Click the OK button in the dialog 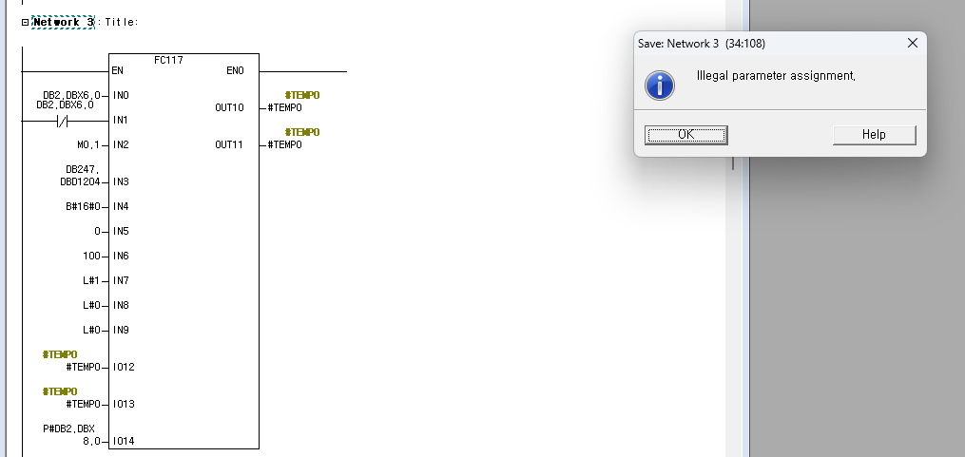(x=685, y=135)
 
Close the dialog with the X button (x=912, y=44)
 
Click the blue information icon (x=660, y=86)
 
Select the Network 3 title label (x=63, y=22)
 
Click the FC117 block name (x=168, y=60)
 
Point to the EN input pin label (x=117, y=71)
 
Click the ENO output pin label (x=235, y=71)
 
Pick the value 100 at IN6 (x=91, y=256)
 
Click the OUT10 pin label (x=229, y=108)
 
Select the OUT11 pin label (x=229, y=144)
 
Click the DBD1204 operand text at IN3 (x=81, y=181)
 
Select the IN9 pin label (x=120, y=330)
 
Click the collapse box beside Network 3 (x=26, y=22)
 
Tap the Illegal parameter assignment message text (x=776, y=76)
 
